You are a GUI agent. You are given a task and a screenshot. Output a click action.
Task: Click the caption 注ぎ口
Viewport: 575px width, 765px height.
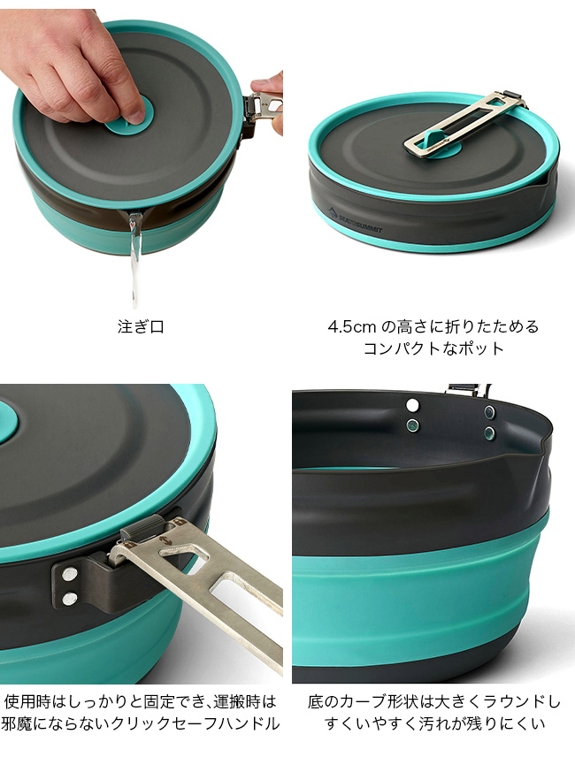pyautogui.click(x=141, y=326)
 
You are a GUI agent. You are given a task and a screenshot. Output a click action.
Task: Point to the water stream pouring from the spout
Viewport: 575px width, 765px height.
pyautogui.click(x=134, y=258)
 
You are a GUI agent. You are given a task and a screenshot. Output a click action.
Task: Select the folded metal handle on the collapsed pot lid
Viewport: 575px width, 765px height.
pyautogui.click(x=464, y=124)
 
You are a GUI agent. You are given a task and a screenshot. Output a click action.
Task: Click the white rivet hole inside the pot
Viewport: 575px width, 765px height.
pyautogui.click(x=413, y=404)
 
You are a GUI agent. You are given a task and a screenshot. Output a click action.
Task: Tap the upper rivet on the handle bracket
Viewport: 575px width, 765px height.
pyautogui.click(x=70, y=575)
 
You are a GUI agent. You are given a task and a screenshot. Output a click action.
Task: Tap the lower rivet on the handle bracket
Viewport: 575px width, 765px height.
pyautogui.click(x=71, y=597)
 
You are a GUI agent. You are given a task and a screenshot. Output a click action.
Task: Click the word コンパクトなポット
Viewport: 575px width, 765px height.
pyautogui.click(x=434, y=348)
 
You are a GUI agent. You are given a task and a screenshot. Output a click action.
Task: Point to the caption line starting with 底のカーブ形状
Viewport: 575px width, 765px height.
pyautogui.click(x=434, y=701)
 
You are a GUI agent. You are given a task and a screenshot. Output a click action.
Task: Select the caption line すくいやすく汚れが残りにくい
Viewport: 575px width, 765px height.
pyautogui.click(x=434, y=723)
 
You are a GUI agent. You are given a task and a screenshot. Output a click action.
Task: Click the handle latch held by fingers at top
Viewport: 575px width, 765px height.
pyautogui.click(x=265, y=103)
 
